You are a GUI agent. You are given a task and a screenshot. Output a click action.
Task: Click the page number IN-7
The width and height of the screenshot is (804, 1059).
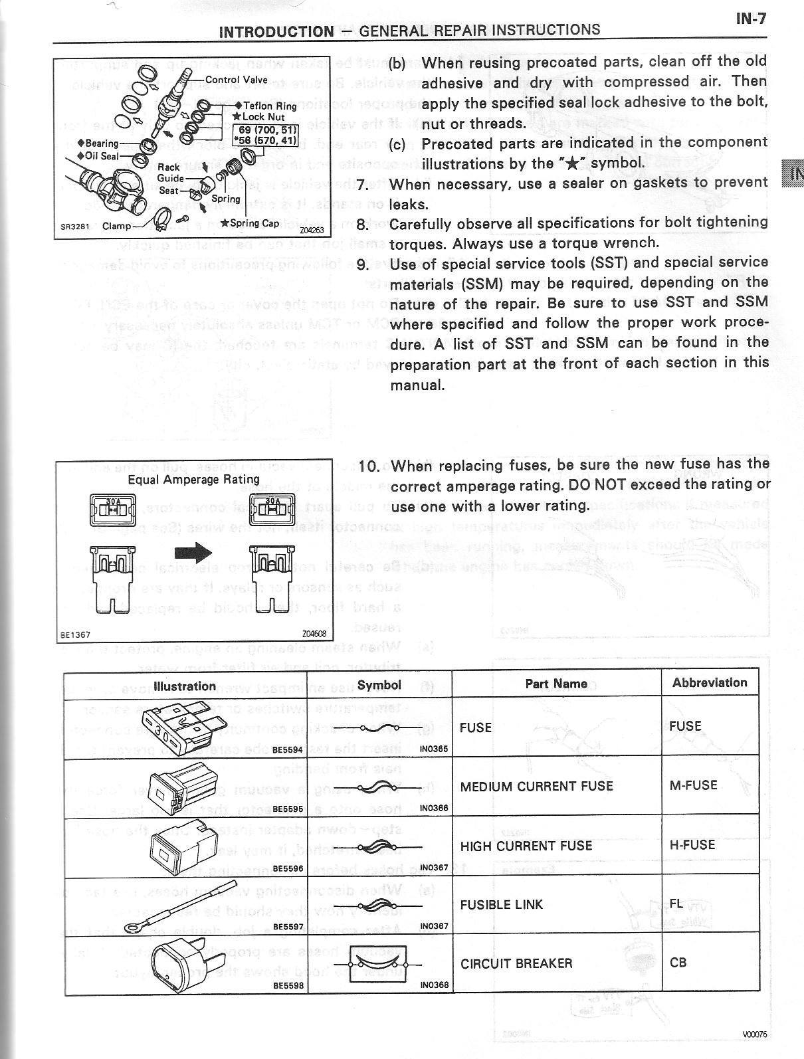point(751,19)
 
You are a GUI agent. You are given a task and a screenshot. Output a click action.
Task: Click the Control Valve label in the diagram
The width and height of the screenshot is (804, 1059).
point(237,80)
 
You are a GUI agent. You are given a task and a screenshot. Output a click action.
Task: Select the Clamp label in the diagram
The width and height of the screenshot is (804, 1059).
point(117,226)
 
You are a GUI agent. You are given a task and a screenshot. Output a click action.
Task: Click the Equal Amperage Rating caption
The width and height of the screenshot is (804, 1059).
point(193,479)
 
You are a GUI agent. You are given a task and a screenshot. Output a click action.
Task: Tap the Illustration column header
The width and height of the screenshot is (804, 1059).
point(185,686)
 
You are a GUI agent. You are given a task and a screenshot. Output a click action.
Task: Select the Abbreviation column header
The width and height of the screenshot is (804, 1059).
point(710,682)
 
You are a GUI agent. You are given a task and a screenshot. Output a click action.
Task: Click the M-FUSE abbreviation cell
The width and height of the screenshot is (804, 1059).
point(694,785)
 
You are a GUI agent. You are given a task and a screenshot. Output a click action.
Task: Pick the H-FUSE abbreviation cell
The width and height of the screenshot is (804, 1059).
point(692,845)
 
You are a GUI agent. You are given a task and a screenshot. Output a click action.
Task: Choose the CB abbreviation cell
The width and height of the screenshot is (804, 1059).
point(678,963)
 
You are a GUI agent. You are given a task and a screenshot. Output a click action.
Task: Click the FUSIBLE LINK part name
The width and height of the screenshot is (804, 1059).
point(502,904)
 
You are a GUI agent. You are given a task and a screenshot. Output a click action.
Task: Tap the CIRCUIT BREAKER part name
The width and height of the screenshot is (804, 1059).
point(516,963)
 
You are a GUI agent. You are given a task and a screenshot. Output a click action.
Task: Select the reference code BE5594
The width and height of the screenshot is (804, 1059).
point(288,749)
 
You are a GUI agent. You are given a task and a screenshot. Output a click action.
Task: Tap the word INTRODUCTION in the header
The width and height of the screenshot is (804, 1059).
point(276,31)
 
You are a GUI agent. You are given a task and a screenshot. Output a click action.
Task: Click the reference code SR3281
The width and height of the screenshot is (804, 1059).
point(74,226)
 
